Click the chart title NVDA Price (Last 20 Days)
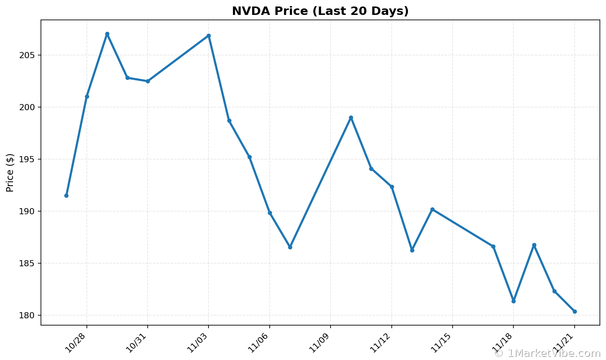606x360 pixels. pyautogui.click(x=320, y=11)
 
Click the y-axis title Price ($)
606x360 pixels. pyautogui.click(x=10, y=173)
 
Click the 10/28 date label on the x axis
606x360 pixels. pyautogui.click(x=75, y=342)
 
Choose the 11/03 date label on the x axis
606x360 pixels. pyautogui.click(x=197, y=342)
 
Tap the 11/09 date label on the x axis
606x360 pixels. pyautogui.click(x=319, y=342)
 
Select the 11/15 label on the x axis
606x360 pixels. pyautogui.click(x=441, y=342)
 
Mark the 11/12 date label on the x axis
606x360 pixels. pyautogui.click(x=380, y=342)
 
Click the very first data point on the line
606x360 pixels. pyautogui.click(x=66, y=195)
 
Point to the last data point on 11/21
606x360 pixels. pyautogui.click(x=575, y=311)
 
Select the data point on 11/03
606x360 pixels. pyautogui.click(x=209, y=36)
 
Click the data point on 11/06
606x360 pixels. pyautogui.click(x=270, y=213)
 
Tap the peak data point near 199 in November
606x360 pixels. pyautogui.click(x=351, y=118)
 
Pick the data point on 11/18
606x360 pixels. pyautogui.click(x=513, y=301)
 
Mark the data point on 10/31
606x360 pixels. pyautogui.click(x=148, y=81)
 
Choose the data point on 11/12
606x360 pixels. pyautogui.click(x=392, y=187)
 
